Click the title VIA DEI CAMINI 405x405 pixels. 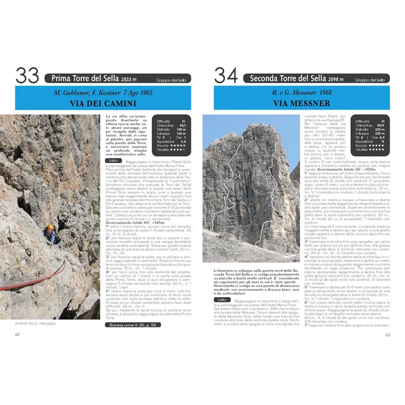103,104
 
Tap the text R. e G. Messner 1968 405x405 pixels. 301,93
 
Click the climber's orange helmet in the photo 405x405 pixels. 50,227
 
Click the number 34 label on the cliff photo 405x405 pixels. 238,176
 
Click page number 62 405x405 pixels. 18,334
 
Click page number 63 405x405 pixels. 387,334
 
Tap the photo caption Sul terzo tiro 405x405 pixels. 35,323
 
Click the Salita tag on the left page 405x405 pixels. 114,160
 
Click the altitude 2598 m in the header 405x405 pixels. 335,79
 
